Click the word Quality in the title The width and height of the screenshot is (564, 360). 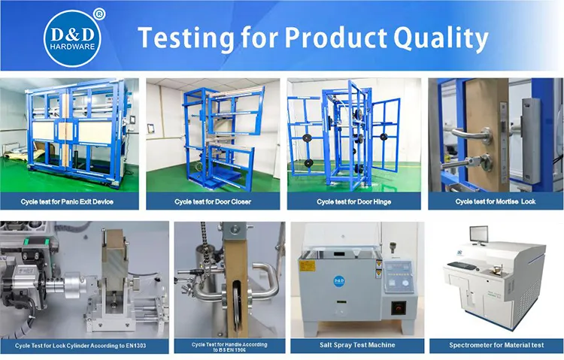pos(433,37)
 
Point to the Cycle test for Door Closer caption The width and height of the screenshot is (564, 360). pos(213,201)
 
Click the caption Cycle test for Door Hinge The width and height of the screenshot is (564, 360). pos(353,201)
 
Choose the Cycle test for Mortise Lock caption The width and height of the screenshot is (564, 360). pos(495,201)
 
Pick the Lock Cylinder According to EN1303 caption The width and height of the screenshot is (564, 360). pos(84,345)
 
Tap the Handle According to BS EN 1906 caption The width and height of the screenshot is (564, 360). pos(229,346)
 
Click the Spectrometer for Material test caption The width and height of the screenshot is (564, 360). pos(496,345)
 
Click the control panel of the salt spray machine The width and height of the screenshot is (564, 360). pos(398,278)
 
